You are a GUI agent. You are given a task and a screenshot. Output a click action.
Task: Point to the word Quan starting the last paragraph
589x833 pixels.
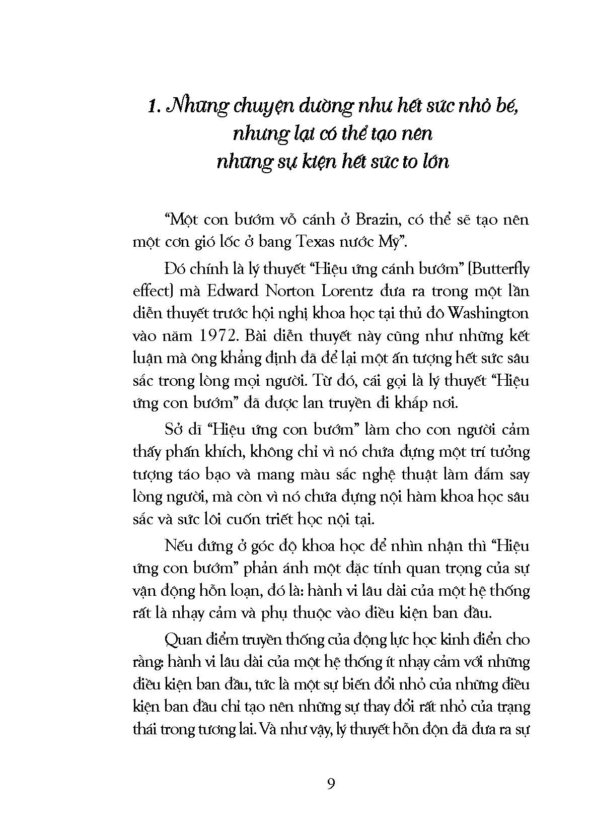(x=181, y=641)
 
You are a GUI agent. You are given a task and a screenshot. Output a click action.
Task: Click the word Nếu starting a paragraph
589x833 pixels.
(x=177, y=546)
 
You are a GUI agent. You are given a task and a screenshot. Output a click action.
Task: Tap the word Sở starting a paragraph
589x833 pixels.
(x=174, y=430)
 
